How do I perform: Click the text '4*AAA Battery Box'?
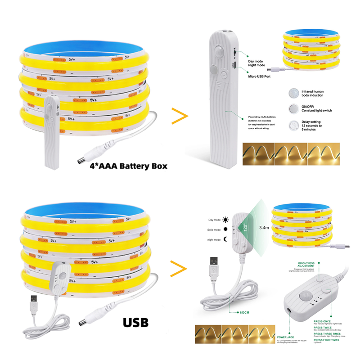click(128, 166)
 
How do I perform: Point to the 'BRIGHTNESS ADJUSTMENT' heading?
click(306, 265)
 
